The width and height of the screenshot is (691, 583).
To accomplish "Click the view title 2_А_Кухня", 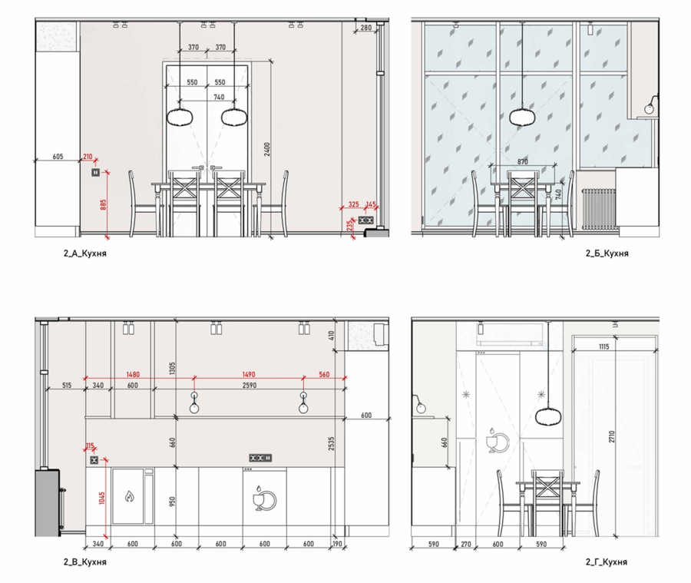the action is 85,253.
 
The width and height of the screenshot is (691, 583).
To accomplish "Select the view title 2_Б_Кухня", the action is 607,253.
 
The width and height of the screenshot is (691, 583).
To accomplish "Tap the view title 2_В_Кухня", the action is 85,562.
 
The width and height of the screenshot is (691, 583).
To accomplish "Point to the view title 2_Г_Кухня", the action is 607,561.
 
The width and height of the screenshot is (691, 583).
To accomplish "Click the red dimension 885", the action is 104,204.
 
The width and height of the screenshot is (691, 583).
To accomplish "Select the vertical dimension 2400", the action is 267,149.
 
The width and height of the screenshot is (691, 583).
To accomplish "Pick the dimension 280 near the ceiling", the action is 366,28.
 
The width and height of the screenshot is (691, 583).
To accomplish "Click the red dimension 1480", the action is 133,374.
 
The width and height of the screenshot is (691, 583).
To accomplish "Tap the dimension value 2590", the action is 249,386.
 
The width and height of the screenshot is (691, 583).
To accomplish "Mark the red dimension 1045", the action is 102,499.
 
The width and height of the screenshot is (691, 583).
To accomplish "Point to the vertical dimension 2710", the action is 612,437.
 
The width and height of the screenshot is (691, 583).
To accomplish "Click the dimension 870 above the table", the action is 523,162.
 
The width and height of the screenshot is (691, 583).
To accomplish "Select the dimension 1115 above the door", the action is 604,346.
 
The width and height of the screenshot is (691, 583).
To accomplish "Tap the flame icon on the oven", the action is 129,496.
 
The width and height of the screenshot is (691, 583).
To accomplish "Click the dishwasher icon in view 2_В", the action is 264,499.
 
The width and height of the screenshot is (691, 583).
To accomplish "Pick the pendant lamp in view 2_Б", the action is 523,118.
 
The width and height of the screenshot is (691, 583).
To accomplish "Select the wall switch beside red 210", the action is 96,172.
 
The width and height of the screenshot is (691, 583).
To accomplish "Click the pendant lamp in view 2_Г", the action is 548,417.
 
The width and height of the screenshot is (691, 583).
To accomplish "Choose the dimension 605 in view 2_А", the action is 58,157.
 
